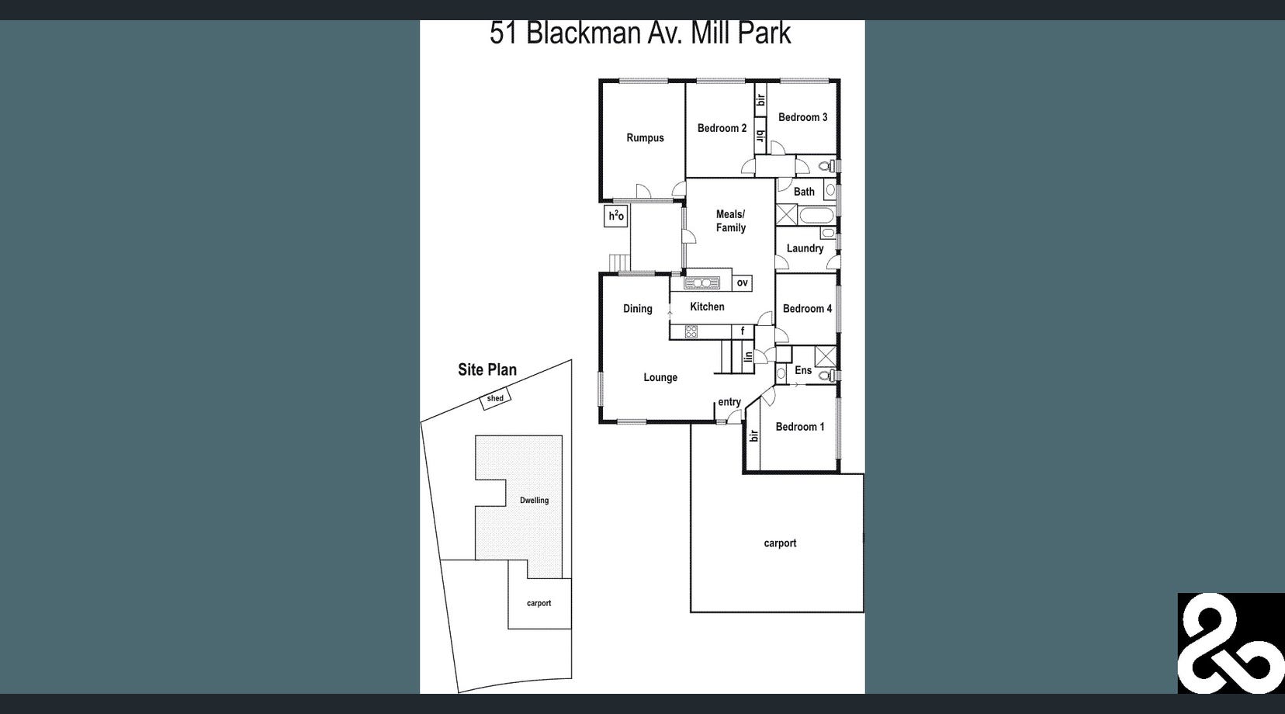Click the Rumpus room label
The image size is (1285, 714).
pyautogui.click(x=645, y=138)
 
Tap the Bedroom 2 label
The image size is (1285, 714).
pyautogui.click(x=722, y=128)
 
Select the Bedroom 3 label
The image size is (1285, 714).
pyautogui.click(x=802, y=117)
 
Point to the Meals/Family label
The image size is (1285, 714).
pyautogui.click(x=730, y=221)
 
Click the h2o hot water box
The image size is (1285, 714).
pyautogui.click(x=616, y=216)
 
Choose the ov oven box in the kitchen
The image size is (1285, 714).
pyautogui.click(x=743, y=282)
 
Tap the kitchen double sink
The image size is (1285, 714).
pyautogui.click(x=702, y=282)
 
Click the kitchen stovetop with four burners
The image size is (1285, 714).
pyautogui.click(x=691, y=332)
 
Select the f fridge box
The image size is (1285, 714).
pyautogui.click(x=743, y=331)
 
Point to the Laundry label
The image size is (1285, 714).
pyautogui.click(x=805, y=248)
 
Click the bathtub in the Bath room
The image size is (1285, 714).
pyautogui.click(x=816, y=215)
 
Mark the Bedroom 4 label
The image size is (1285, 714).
pyautogui.click(x=807, y=309)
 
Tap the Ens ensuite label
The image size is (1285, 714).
pyautogui.click(x=803, y=370)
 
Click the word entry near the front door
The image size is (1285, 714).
pyautogui.click(x=729, y=402)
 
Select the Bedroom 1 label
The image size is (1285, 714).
pyautogui.click(x=800, y=427)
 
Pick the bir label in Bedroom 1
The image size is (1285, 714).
pyautogui.click(x=753, y=436)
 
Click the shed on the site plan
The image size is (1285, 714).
pyautogui.click(x=495, y=399)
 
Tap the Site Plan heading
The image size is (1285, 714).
pyautogui.click(x=487, y=370)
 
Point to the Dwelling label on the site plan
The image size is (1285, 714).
pyautogui.click(x=534, y=501)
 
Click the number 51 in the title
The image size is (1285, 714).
pyautogui.click(x=504, y=33)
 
